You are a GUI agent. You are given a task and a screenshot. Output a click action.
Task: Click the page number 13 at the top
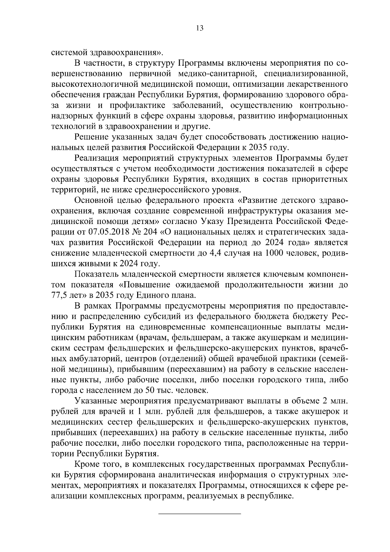pyautogui.click(x=200, y=28)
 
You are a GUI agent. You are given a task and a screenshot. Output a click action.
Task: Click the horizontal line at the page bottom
pyautogui.click(x=199, y=514)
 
